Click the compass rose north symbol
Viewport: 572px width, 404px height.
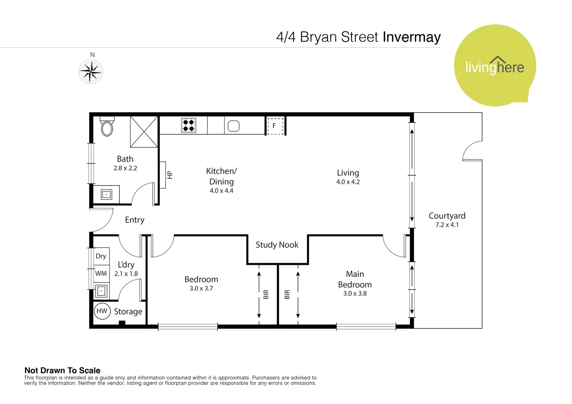click(x=91, y=71)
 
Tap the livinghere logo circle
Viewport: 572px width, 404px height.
click(x=495, y=66)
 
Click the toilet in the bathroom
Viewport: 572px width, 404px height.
click(x=107, y=127)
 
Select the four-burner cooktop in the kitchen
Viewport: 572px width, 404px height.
click(x=189, y=125)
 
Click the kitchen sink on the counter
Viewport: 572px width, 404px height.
click(x=234, y=126)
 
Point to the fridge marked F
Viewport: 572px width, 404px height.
click(x=274, y=126)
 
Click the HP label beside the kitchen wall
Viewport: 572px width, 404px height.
click(x=170, y=175)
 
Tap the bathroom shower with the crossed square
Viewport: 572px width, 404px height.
click(x=144, y=132)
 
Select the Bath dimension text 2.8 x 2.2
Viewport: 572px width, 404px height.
click(x=125, y=168)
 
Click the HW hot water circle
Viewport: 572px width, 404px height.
click(x=102, y=311)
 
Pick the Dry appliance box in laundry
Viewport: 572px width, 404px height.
click(x=101, y=256)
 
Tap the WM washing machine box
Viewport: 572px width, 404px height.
click(x=101, y=273)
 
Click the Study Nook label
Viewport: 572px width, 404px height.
click(x=277, y=245)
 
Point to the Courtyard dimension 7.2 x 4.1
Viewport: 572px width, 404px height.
click(x=447, y=225)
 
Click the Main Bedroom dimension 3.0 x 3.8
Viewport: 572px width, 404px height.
click(x=355, y=294)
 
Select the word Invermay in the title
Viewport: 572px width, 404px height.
click(x=411, y=37)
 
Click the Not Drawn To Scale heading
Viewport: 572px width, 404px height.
click(x=63, y=370)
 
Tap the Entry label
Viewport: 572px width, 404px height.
click(x=134, y=220)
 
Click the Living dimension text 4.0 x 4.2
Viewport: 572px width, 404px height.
click(x=348, y=182)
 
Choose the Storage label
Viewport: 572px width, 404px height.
click(x=128, y=312)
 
